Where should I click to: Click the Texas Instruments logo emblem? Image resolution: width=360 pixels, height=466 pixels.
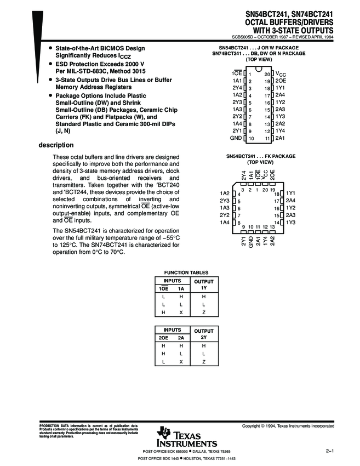164,433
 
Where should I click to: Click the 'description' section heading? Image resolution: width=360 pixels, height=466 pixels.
55,145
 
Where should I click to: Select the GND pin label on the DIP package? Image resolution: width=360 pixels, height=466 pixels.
236,139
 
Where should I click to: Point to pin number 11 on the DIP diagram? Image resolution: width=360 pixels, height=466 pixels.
267,139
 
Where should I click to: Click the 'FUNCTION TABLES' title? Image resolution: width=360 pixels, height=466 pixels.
183,272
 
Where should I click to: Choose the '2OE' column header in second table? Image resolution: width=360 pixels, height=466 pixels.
163,339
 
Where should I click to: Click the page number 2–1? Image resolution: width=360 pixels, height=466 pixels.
330,450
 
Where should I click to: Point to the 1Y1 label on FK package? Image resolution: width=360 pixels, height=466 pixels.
290,194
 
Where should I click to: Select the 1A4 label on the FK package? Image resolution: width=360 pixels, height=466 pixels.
224,222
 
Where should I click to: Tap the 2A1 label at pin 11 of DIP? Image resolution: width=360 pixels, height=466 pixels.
280,139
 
